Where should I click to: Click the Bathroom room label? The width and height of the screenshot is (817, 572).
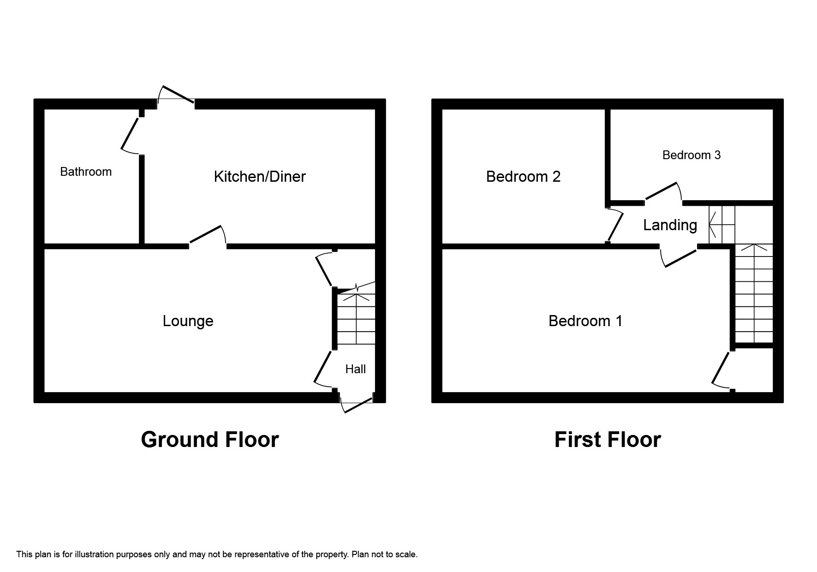pyautogui.click(x=86, y=172)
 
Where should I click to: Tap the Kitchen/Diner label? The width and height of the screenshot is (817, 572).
pyautogui.click(x=260, y=176)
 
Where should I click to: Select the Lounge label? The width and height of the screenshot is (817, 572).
pyautogui.click(x=188, y=321)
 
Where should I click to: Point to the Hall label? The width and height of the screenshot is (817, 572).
pyautogui.click(x=355, y=369)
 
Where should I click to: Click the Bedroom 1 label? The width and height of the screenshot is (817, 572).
pyautogui.click(x=585, y=321)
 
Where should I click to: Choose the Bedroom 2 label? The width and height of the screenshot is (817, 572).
pyautogui.click(x=523, y=176)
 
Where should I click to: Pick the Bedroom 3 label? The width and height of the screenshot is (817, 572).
pyautogui.click(x=691, y=155)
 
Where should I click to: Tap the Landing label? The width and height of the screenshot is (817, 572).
pyautogui.click(x=670, y=225)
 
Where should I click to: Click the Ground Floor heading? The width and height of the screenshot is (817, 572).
pyautogui.click(x=209, y=440)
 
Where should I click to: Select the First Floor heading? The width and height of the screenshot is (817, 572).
pyautogui.click(x=607, y=440)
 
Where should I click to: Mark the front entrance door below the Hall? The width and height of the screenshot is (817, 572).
pyautogui.click(x=357, y=405)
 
